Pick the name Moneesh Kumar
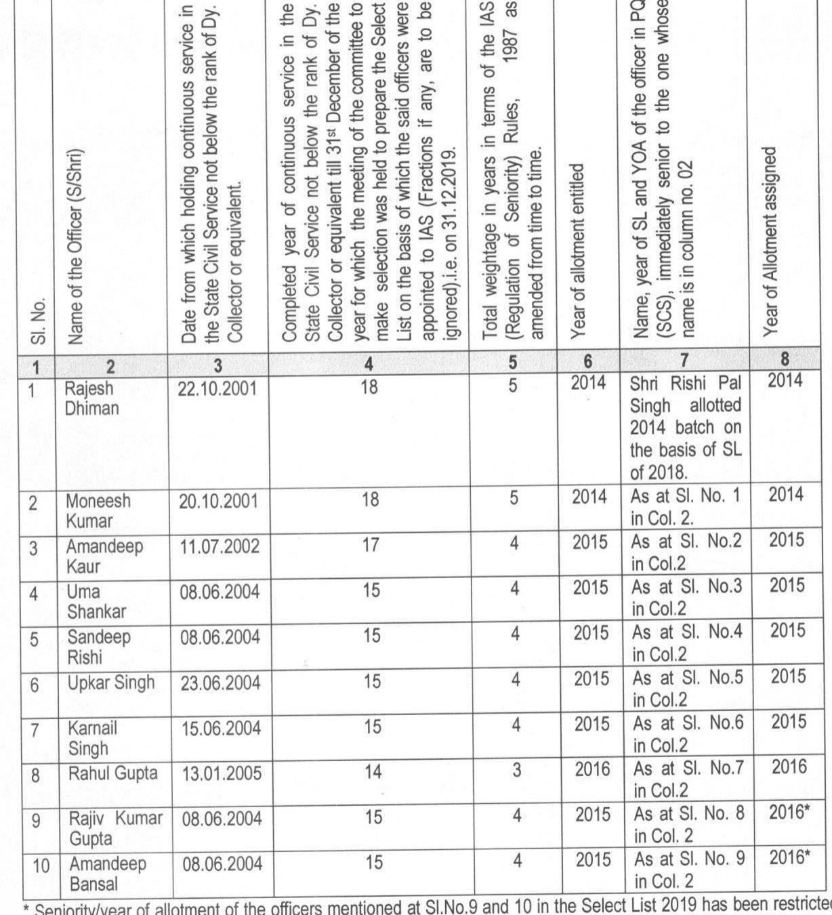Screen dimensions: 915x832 click(99, 510)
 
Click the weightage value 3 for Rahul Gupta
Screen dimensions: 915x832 click(514, 769)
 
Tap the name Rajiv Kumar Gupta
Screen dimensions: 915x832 click(115, 828)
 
